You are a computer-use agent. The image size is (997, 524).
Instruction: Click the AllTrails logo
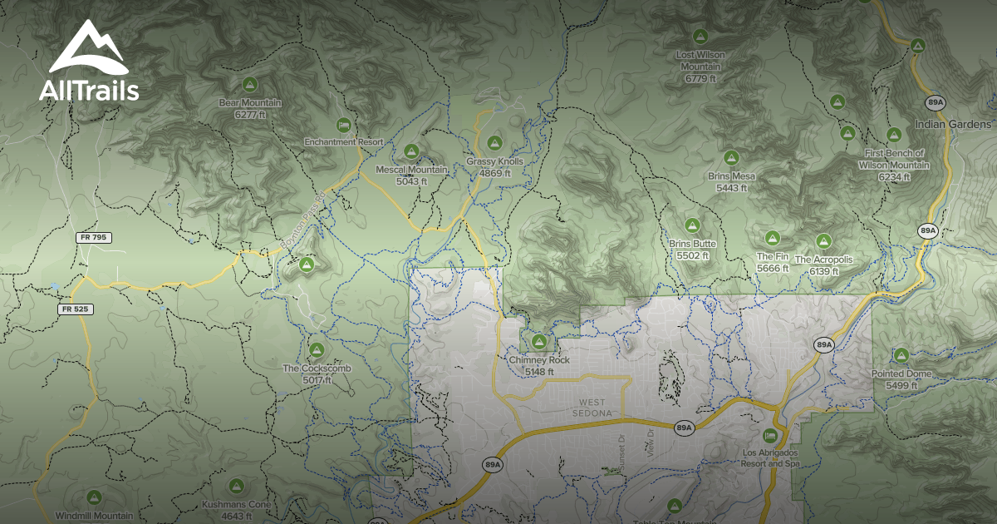tap(89, 62)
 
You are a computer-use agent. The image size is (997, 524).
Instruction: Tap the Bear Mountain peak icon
tap(249, 84)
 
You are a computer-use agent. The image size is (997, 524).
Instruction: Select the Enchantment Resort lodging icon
tap(343, 125)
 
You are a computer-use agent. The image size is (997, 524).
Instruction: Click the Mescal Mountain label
tap(412, 175)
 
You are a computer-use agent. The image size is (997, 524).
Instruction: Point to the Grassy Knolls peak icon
tap(495, 142)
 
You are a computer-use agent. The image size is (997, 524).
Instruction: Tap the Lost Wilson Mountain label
tap(700, 67)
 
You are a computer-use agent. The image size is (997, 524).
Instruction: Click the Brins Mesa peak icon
tap(731, 157)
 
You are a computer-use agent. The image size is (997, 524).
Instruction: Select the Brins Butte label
tap(692, 250)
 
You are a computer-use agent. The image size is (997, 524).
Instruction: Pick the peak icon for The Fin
tap(772, 238)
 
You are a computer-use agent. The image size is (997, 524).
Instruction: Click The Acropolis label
tap(823, 265)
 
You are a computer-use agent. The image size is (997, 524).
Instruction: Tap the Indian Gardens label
tap(953, 125)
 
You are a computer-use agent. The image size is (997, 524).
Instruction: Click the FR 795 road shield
tap(94, 238)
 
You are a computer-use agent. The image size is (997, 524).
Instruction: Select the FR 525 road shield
tap(76, 309)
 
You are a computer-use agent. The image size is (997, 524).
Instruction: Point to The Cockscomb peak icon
tap(316, 349)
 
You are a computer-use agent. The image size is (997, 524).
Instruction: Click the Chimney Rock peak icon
tap(539, 342)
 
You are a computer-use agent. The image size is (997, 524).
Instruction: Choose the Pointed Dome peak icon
tap(901, 355)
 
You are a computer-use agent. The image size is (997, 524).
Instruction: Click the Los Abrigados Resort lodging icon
tap(770, 436)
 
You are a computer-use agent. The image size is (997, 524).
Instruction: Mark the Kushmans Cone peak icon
tap(236, 485)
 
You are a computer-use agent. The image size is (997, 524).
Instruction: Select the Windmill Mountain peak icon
tap(95, 497)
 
